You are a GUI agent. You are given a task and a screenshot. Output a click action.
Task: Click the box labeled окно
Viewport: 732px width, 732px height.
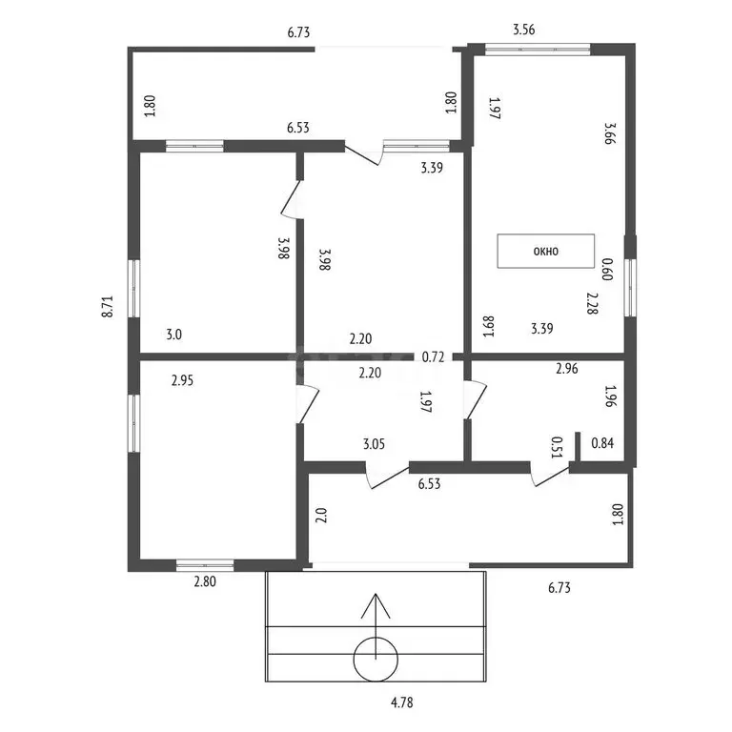tap(546, 252)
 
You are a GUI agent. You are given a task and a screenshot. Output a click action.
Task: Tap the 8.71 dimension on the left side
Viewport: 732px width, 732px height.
tap(108, 307)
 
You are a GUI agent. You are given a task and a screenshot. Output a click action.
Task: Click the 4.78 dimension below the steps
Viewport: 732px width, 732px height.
tap(402, 702)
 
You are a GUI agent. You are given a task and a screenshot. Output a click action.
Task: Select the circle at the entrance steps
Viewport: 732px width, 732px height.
tap(376, 660)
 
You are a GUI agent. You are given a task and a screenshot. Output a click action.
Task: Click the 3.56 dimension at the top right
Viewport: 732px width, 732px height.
tap(524, 30)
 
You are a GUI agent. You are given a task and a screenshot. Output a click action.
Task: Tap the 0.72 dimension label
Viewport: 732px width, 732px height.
tap(433, 357)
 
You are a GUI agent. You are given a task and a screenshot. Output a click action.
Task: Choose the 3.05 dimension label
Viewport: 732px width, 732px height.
tap(374, 443)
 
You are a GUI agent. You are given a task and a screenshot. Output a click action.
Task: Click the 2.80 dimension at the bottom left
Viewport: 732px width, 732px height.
tap(205, 581)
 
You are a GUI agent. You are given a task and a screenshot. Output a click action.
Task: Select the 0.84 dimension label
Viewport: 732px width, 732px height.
tap(602, 442)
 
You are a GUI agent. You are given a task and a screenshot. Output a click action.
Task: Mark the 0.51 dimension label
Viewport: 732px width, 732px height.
tap(557, 447)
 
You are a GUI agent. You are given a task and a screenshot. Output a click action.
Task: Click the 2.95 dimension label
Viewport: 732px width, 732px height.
tap(182, 380)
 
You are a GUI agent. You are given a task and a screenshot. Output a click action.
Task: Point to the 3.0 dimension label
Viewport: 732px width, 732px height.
tap(174, 335)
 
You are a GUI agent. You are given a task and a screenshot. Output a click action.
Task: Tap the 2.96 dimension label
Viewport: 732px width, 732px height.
tap(567, 369)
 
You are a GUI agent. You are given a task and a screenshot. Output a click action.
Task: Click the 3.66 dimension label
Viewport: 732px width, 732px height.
tap(610, 133)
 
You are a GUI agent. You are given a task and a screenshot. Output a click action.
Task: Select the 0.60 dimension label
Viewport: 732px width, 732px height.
tap(606, 270)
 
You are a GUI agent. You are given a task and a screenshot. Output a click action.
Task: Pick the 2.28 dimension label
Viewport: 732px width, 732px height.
tap(593, 303)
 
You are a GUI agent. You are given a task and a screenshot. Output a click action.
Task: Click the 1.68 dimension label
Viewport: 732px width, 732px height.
tap(488, 327)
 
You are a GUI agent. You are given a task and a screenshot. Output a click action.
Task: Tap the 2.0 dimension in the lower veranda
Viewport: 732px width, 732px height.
tap(321, 516)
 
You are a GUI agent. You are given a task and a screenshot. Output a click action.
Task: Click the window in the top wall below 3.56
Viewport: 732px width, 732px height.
tap(538, 49)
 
